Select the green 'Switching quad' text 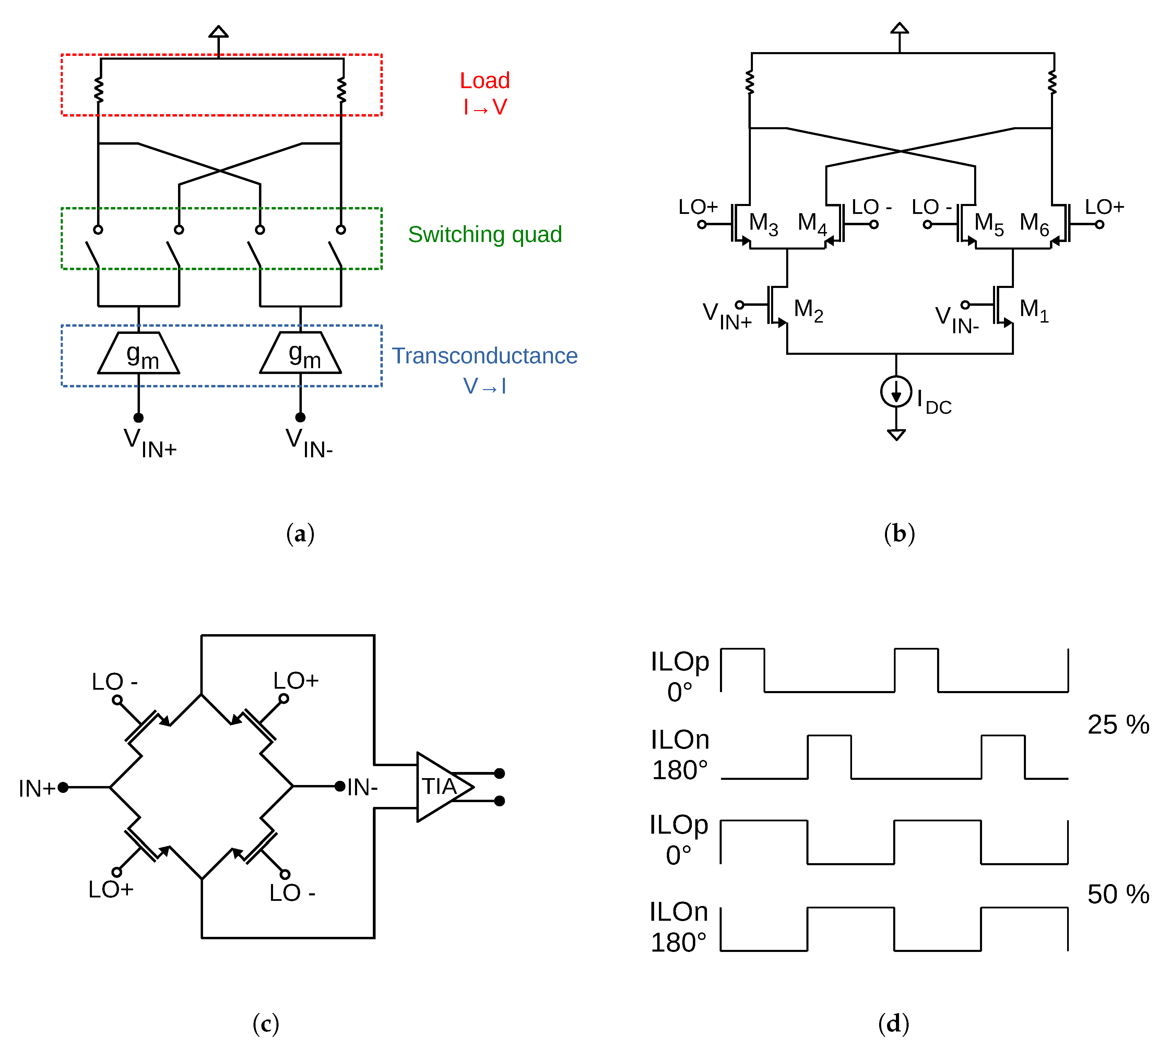tap(484, 234)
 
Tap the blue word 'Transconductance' tap(484, 356)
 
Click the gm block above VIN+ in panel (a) tap(139, 353)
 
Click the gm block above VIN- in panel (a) tap(300, 353)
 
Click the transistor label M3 tap(763, 223)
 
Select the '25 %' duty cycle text tap(1118, 725)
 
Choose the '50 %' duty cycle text tap(1118, 894)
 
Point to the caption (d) tap(893, 1024)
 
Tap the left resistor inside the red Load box tap(99, 89)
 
